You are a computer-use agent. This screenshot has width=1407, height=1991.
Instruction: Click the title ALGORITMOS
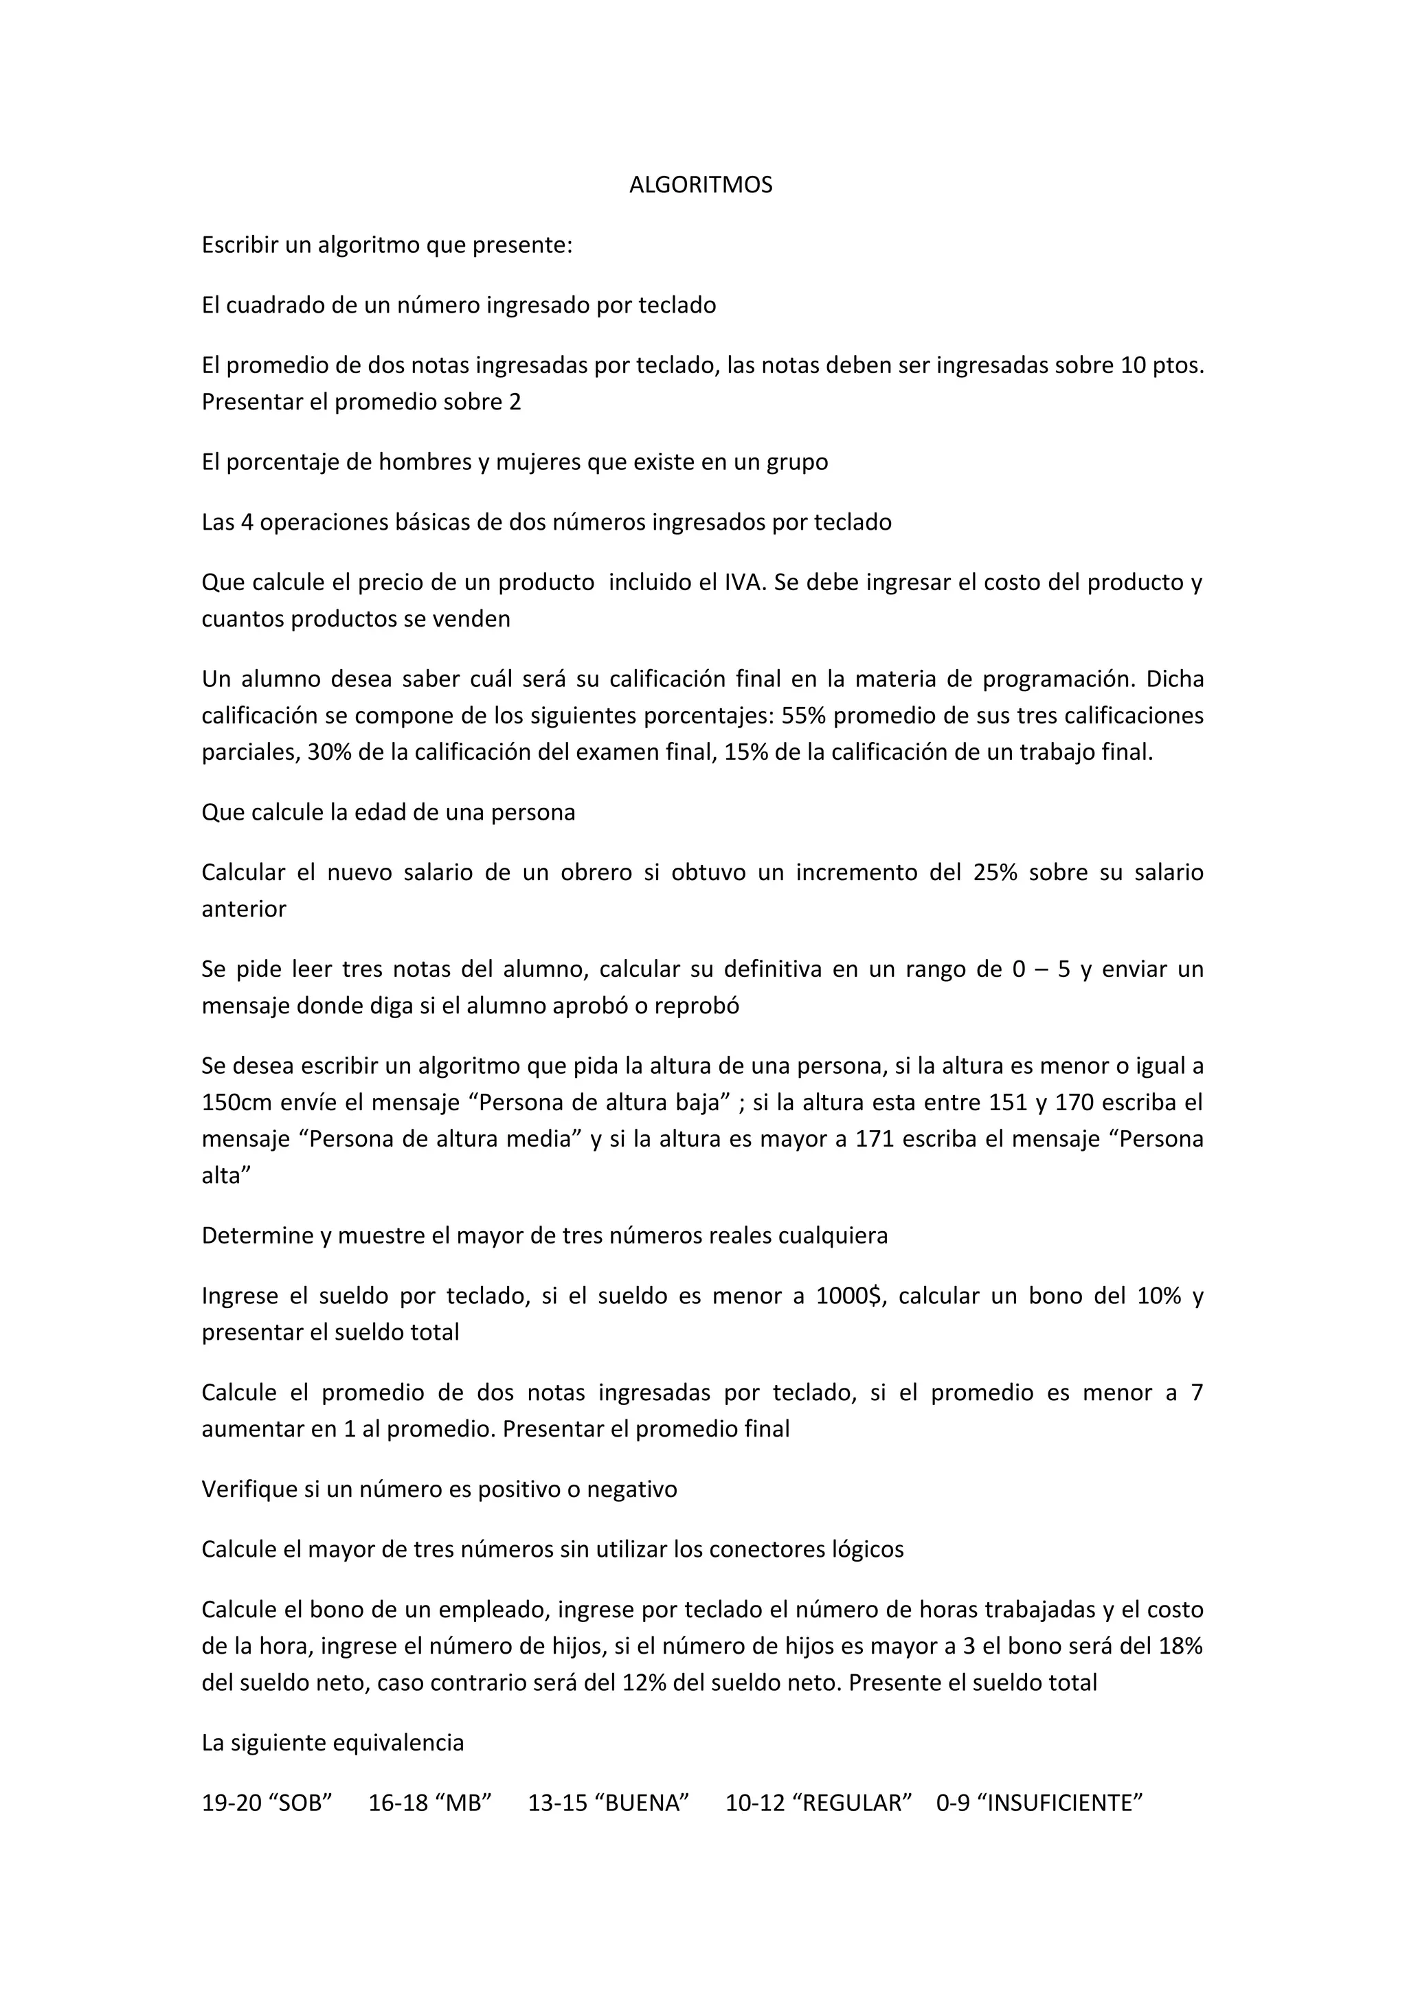pyautogui.click(x=701, y=185)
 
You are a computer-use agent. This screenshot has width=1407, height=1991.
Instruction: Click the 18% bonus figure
pyautogui.click(x=1180, y=1646)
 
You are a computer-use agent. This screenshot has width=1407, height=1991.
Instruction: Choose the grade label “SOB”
pyautogui.click(x=302, y=1803)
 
